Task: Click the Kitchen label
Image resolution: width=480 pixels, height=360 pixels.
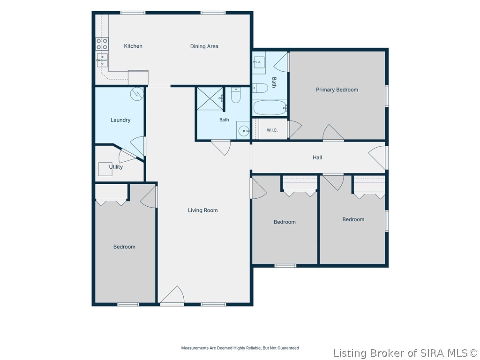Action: [133, 46]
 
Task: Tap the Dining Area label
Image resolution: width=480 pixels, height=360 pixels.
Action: [204, 46]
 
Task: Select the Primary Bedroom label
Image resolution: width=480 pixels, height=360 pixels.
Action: [337, 90]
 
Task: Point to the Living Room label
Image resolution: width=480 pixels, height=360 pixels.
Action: [202, 210]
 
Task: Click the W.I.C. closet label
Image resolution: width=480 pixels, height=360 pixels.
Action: [272, 130]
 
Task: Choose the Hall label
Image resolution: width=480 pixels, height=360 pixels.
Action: [317, 157]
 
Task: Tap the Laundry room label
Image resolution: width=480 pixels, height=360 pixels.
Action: [120, 120]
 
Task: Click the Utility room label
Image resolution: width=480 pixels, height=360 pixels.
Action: [116, 167]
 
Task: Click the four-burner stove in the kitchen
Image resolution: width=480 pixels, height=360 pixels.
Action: [102, 44]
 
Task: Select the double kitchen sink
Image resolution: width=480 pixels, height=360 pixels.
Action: [102, 60]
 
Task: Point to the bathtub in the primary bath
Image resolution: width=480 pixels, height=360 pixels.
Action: [270, 107]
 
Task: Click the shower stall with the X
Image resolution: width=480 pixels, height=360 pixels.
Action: [210, 98]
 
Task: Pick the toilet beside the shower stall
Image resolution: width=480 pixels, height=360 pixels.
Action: [235, 95]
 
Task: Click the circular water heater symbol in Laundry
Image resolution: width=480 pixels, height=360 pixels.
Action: [137, 94]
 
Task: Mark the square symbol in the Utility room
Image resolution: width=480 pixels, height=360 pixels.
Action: [105, 169]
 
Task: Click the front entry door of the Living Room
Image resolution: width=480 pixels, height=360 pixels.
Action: [172, 295]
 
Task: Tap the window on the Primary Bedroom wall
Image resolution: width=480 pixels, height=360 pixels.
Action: [387, 96]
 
